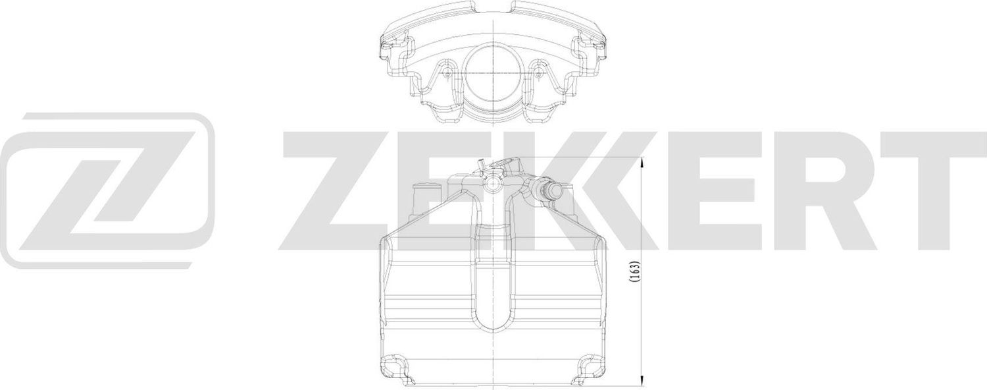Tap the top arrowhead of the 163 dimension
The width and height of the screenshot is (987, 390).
(x=642, y=163)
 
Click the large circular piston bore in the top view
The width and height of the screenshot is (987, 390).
(x=492, y=77)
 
